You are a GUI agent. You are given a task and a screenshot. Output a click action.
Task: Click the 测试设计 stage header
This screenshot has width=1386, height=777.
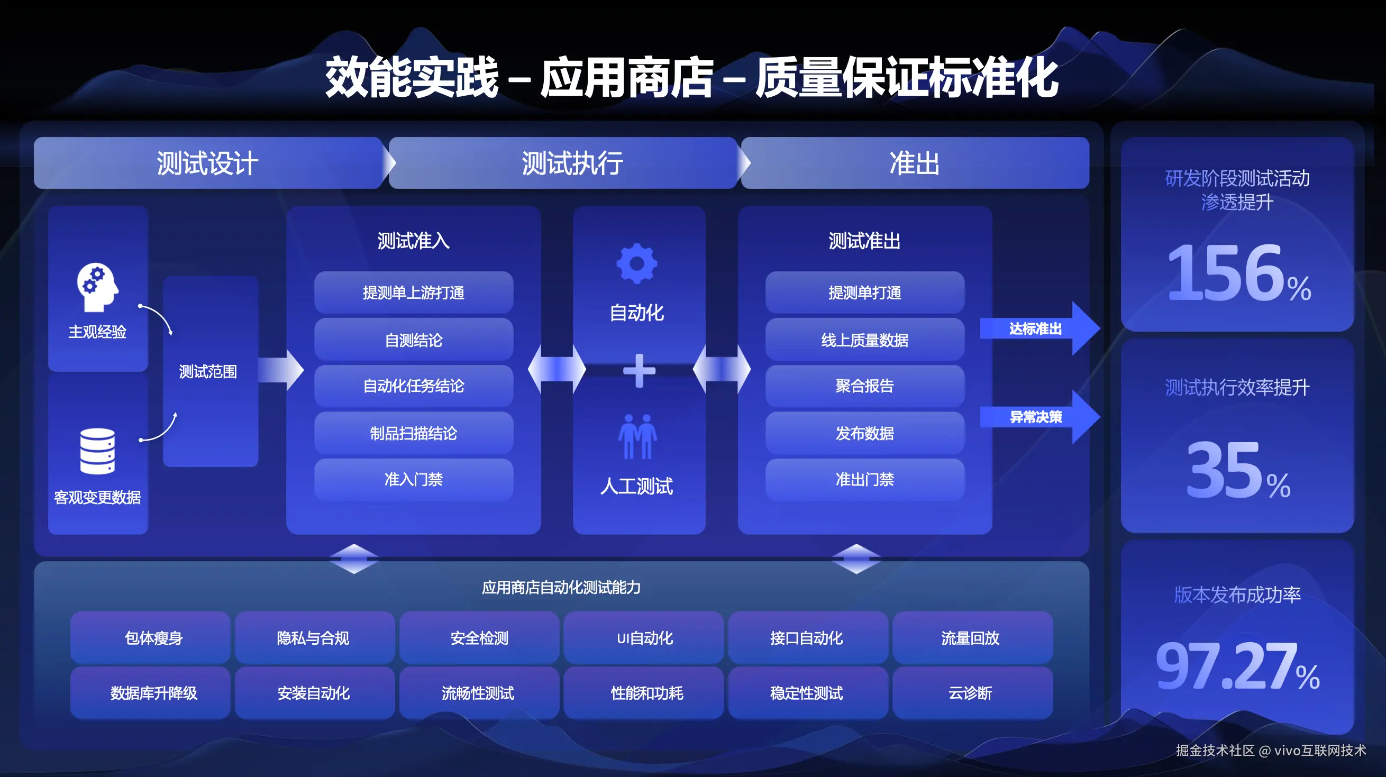(x=207, y=163)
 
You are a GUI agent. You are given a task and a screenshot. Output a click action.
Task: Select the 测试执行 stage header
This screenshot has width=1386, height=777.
(x=572, y=163)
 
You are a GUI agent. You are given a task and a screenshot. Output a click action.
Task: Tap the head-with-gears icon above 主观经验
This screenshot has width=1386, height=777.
(x=97, y=287)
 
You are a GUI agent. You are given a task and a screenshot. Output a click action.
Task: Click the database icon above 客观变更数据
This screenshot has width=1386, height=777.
(x=97, y=451)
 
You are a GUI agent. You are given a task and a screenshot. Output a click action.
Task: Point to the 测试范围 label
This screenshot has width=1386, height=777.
(x=208, y=371)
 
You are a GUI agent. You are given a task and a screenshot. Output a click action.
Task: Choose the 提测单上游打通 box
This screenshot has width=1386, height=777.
(x=413, y=292)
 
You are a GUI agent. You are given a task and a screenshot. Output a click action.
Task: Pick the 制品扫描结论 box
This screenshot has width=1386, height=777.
(x=413, y=433)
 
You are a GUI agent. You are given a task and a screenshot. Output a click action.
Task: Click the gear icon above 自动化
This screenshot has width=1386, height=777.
(x=637, y=263)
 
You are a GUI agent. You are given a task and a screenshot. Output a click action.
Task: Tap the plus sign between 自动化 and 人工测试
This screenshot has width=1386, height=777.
(x=639, y=371)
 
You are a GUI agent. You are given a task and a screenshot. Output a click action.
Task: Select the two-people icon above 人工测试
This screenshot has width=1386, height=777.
(x=637, y=436)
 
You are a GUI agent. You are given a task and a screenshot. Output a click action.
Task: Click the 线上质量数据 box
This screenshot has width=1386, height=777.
(x=864, y=340)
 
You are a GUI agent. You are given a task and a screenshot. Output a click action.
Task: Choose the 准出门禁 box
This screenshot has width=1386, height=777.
(x=864, y=479)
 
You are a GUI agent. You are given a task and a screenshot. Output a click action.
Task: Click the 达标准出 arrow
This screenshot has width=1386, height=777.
(x=1038, y=328)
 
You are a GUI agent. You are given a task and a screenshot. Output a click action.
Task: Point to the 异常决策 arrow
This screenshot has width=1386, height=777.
(x=1038, y=417)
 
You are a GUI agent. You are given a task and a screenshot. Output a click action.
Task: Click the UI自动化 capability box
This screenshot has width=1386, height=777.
(x=644, y=638)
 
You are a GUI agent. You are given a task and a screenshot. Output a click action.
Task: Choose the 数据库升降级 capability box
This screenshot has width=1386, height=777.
(x=154, y=693)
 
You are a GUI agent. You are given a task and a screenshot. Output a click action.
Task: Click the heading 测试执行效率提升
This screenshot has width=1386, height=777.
(x=1237, y=387)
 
